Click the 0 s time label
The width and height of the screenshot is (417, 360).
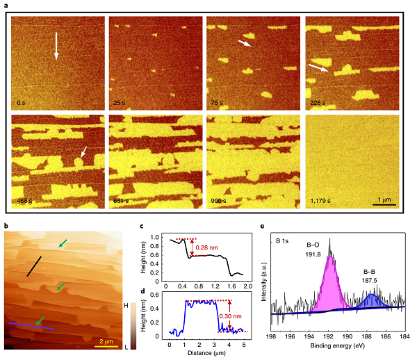[x=22, y=102]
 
